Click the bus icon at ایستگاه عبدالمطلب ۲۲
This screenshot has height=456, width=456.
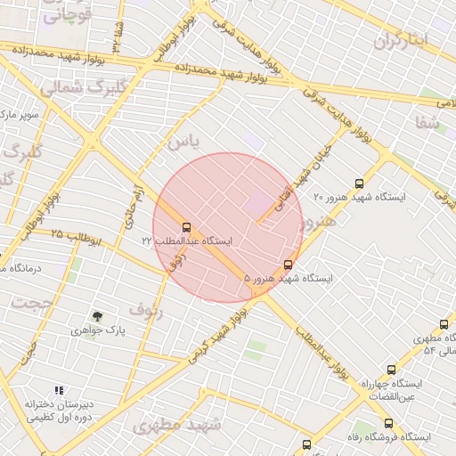tap(186, 227)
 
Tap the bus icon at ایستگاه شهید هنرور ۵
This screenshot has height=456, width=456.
tap(287, 265)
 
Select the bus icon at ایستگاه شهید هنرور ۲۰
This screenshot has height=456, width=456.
tap(359, 183)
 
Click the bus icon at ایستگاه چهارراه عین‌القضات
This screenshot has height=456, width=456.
tap(390, 370)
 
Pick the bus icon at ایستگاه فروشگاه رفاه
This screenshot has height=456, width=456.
tap(388, 424)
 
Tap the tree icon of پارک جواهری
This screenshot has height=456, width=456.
tap(97, 316)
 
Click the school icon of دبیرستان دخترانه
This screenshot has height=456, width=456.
tap(59, 390)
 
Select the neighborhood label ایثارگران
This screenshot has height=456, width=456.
tap(401, 40)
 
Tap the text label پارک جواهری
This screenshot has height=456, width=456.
tap(98, 330)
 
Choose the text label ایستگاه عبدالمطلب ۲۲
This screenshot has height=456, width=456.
tap(186, 241)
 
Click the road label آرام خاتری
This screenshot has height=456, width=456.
tap(128, 204)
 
